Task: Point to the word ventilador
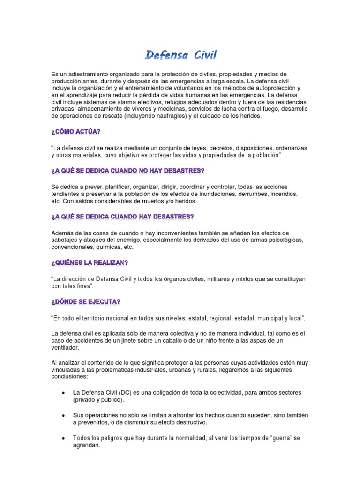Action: (66, 348)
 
